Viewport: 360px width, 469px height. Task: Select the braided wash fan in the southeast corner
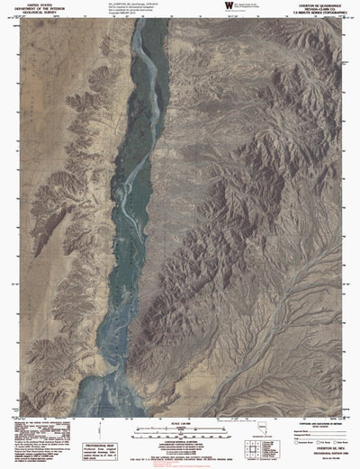point(315,378)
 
